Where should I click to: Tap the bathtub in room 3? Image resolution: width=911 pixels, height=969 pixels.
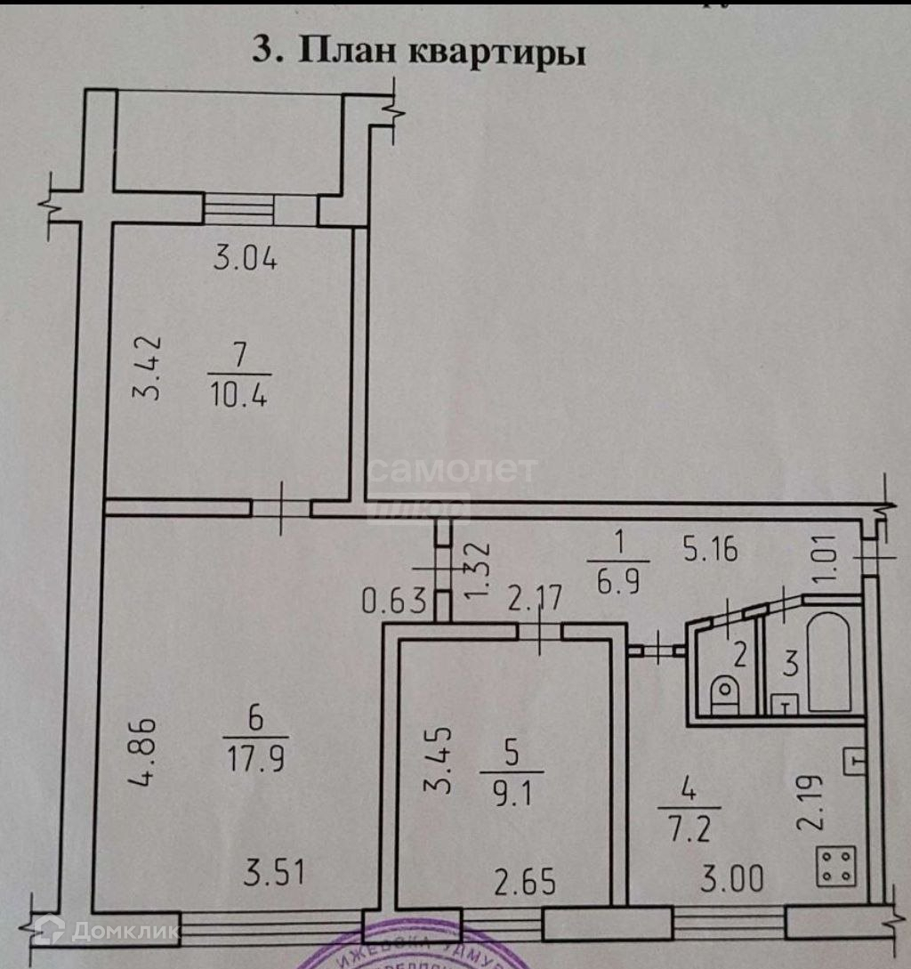click(828, 660)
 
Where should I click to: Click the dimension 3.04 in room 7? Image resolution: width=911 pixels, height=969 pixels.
click(246, 260)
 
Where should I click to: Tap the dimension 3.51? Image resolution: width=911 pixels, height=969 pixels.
click(275, 872)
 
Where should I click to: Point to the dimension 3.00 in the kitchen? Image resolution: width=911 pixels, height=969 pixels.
click(732, 879)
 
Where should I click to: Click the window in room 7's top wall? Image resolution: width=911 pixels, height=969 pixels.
click(238, 208)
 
